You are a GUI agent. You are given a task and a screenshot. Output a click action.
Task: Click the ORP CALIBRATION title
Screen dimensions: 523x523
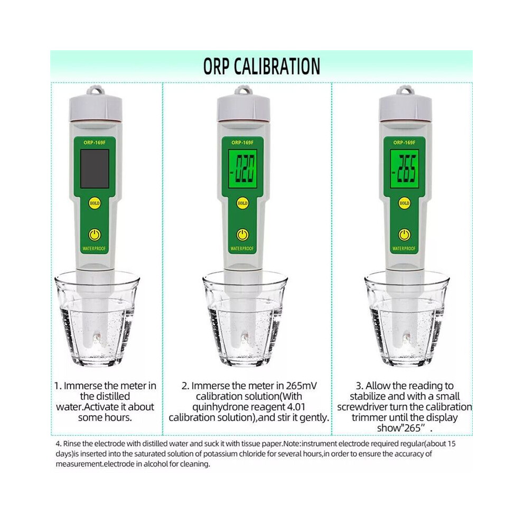pyautogui.click(x=261, y=66)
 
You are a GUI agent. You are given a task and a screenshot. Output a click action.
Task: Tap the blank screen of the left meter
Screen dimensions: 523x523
pyautogui.click(x=95, y=169)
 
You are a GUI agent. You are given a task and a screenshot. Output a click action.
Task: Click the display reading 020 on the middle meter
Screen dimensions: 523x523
pyautogui.click(x=242, y=169)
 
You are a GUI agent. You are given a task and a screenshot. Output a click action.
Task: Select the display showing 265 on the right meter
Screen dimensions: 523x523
pyautogui.click(x=404, y=169)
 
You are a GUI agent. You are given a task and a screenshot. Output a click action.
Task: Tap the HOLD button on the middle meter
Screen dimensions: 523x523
pyautogui.click(x=242, y=203)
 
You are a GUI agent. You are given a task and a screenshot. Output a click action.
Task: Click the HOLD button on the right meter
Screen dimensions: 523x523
pyautogui.click(x=404, y=203)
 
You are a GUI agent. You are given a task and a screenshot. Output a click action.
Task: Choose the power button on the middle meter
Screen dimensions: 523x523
pyautogui.click(x=242, y=235)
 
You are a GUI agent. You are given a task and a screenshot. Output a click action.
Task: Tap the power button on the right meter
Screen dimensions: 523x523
pyautogui.click(x=404, y=235)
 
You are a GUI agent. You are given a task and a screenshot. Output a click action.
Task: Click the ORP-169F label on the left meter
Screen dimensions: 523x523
pyautogui.click(x=95, y=143)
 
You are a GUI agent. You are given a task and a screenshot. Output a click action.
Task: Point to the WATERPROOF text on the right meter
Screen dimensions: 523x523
pyautogui.click(x=404, y=248)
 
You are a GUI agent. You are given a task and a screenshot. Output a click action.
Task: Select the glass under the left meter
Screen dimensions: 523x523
pyautogui.click(x=97, y=319)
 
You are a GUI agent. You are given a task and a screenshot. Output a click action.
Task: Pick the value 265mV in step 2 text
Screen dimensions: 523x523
pyautogui.click(x=297, y=386)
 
